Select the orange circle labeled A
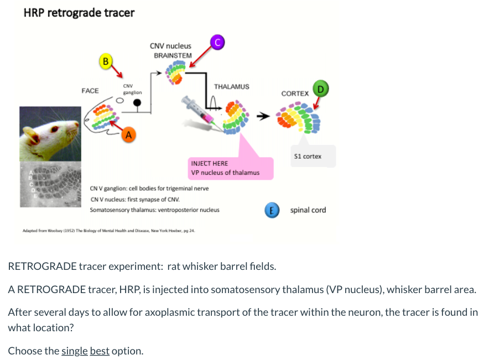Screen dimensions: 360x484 (x=128, y=134)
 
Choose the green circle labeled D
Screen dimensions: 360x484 (x=320, y=88)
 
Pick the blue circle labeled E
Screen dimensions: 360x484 (x=271, y=210)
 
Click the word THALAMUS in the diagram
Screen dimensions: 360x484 (x=231, y=87)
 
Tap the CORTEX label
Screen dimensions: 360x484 (x=295, y=93)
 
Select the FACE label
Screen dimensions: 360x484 (x=90, y=90)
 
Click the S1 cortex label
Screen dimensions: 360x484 (x=308, y=156)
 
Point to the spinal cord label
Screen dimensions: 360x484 (x=308, y=210)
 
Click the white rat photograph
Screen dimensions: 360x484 (x=47, y=133)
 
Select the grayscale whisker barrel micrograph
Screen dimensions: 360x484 (x=47, y=184)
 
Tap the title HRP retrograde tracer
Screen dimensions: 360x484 (x=79, y=12)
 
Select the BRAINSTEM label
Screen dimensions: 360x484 (x=173, y=55)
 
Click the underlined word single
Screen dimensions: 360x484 (x=75, y=351)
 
